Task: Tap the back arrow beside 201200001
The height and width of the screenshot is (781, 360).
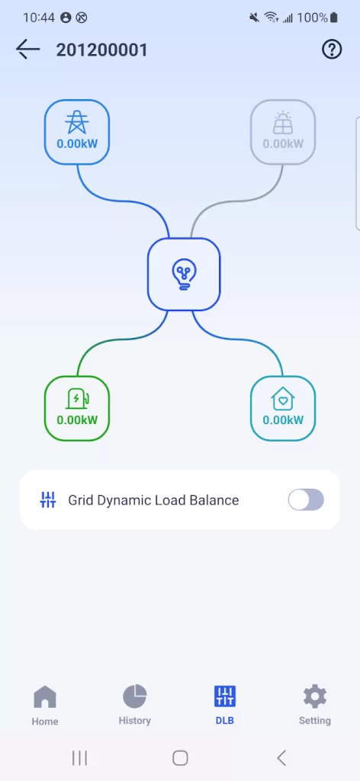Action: [x=27, y=50]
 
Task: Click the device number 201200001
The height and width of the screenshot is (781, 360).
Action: [x=101, y=50]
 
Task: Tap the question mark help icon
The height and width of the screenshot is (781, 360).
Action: [x=332, y=50]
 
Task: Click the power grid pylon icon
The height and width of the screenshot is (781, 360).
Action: [x=77, y=121]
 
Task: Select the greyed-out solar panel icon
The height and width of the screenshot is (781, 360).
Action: [x=282, y=123]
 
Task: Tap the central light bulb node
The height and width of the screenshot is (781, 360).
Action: [x=184, y=274]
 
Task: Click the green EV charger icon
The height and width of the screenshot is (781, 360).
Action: [x=78, y=398]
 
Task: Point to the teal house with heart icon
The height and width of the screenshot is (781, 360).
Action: [x=283, y=398]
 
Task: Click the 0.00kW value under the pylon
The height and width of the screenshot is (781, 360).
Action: [x=77, y=144]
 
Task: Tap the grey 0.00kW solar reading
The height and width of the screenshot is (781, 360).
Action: [x=283, y=144]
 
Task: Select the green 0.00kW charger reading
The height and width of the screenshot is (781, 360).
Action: [x=77, y=420]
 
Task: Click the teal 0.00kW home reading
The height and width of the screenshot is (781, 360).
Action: [x=283, y=420]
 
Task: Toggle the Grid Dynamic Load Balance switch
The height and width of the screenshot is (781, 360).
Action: [x=306, y=500]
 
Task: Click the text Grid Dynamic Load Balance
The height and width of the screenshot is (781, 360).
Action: [x=153, y=500]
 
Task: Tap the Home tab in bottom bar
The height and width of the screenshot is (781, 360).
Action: [x=45, y=705]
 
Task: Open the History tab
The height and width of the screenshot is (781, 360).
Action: [x=134, y=704]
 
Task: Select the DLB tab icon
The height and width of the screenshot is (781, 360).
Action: [x=224, y=696]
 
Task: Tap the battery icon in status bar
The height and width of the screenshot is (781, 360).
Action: [x=333, y=18]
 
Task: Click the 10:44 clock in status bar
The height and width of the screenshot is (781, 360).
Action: [x=39, y=18]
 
